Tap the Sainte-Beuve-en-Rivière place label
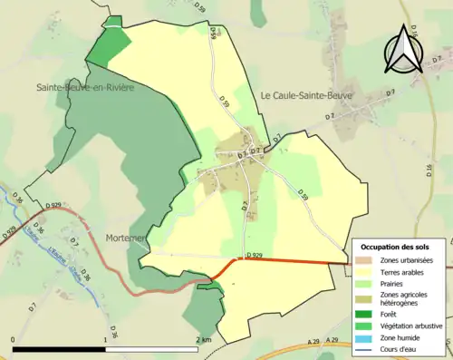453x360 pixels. tap(85, 88)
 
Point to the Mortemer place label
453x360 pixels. tap(127, 238)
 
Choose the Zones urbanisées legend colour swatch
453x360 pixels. tap(361, 261)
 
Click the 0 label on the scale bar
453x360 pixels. tap(14, 338)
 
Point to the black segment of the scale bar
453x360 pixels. tap(60, 348)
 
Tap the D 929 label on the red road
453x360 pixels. tap(255, 255)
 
